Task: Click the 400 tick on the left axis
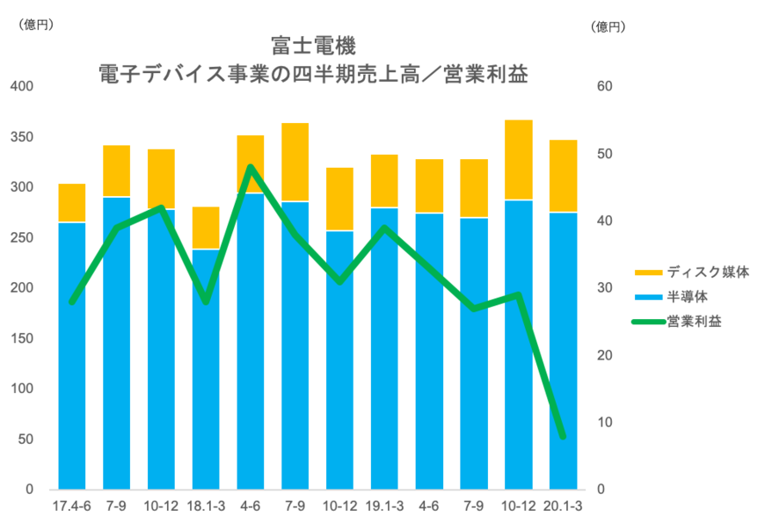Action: tap(21, 86)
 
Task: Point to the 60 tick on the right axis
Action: tap(604, 86)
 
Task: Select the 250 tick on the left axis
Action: tap(21, 238)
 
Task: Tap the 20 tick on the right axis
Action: tap(604, 355)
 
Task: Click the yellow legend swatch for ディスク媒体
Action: tap(649, 272)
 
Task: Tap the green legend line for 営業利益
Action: tap(649, 322)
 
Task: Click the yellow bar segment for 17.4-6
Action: tap(72, 202)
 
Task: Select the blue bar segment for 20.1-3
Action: tap(564, 352)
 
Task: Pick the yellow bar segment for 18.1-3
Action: tap(206, 228)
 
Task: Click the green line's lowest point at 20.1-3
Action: tap(563, 436)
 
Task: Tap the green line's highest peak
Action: tap(251, 166)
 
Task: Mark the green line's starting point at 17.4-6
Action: tap(72, 301)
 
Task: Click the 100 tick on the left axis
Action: tap(21, 389)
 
